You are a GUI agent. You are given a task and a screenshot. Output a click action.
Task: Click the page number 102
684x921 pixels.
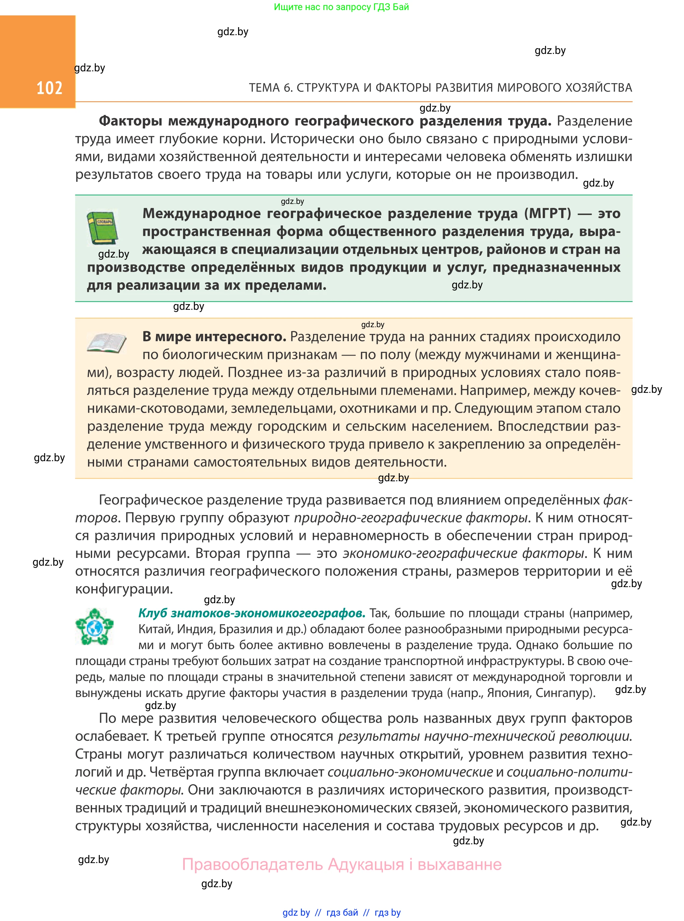(x=49, y=88)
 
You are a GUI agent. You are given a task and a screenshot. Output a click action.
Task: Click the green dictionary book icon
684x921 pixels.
(x=102, y=227)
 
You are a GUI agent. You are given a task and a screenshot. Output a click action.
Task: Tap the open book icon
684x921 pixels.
(x=106, y=343)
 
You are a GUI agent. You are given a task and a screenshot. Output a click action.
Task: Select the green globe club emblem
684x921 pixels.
(x=94, y=627)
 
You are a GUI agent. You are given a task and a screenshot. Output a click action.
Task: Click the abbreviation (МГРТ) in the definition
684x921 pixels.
(x=547, y=214)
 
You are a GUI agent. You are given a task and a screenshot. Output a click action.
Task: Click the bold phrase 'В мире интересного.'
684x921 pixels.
(x=214, y=337)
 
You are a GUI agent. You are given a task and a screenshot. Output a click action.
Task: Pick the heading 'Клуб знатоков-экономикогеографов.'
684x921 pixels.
(x=252, y=613)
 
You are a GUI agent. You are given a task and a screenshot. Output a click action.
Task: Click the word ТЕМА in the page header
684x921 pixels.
(x=264, y=88)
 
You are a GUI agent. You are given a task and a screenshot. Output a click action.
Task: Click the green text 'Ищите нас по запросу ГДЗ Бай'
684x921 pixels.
(x=341, y=7)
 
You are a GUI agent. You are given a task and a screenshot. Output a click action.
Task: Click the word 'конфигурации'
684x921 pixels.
(x=124, y=589)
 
